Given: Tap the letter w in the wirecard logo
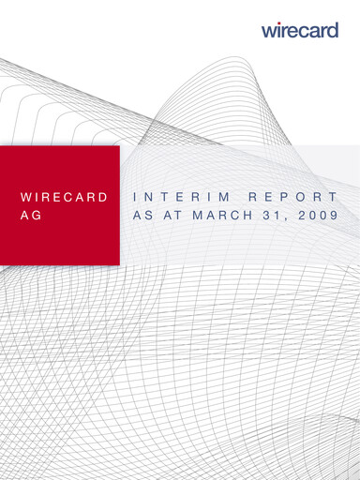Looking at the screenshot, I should click(x=269, y=31).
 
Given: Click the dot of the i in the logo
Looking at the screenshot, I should click(x=279, y=23).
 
